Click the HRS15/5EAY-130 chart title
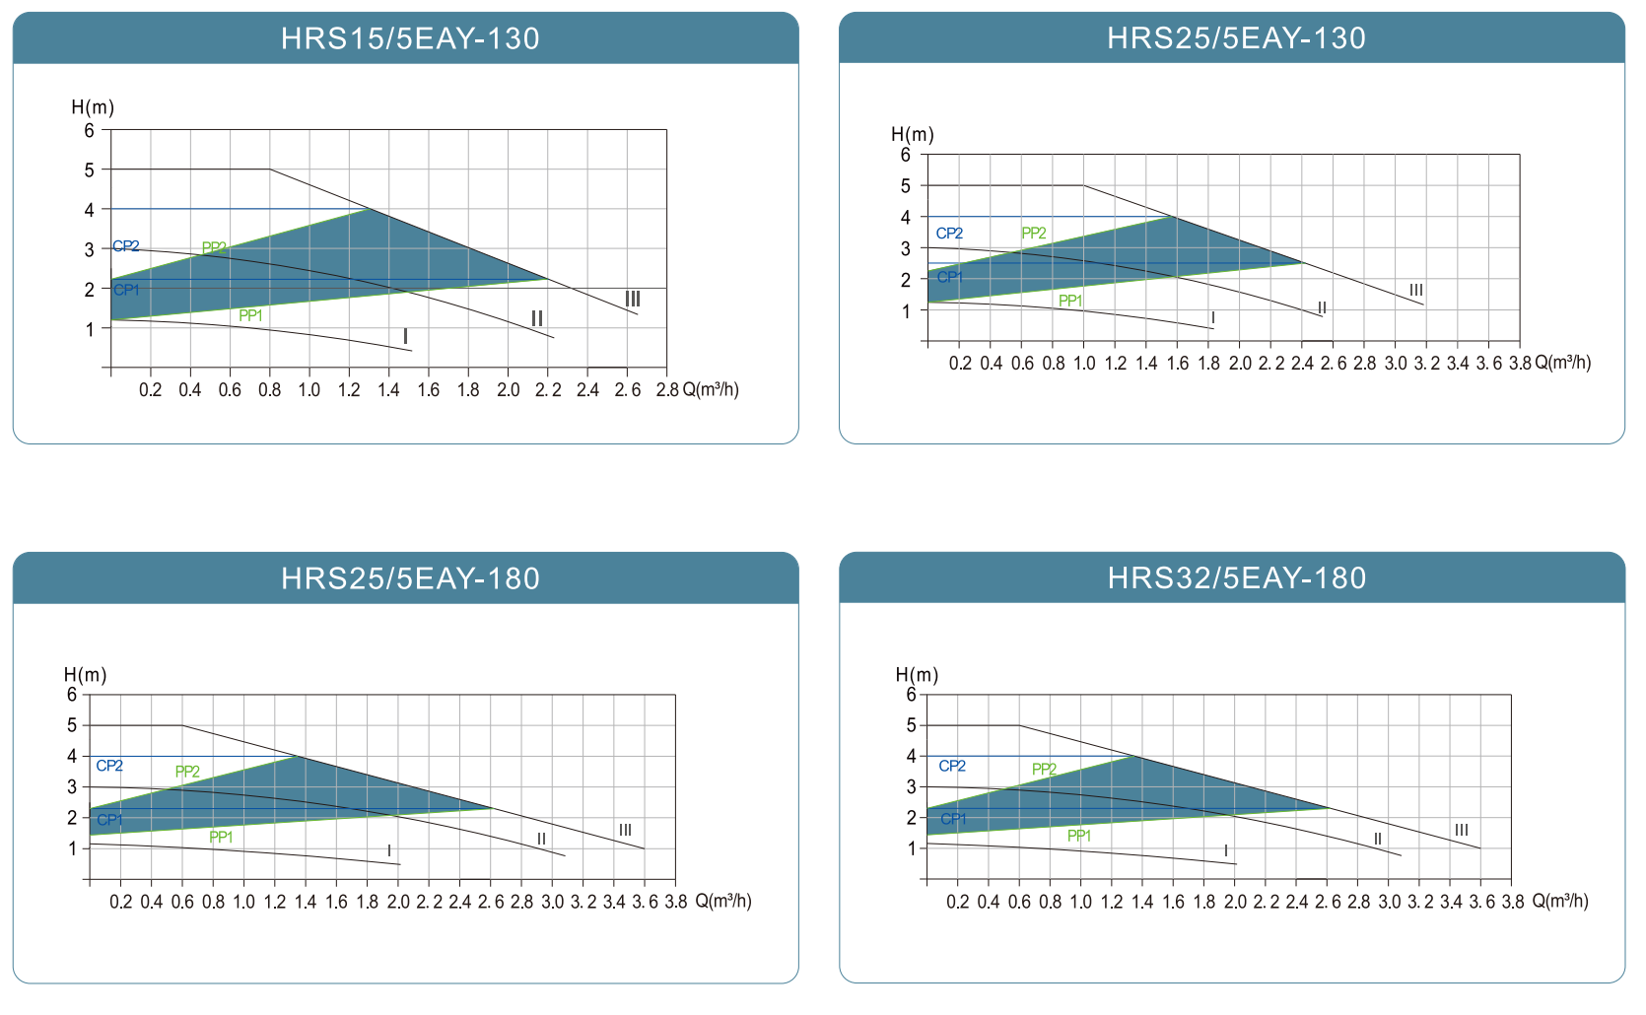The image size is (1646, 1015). click(x=410, y=38)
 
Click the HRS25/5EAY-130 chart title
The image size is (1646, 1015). click(x=1236, y=38)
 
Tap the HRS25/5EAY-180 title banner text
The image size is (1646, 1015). click(x=410, y=578)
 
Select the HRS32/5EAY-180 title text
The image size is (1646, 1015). click(x=1236, y=578)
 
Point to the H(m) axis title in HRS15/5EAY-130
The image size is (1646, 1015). click(x=93, y=107)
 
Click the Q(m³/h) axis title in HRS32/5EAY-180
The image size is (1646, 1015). click(x=1560, y=901)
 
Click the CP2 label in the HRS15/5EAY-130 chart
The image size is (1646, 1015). click(x=126, y=246)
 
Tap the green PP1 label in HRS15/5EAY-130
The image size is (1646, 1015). click(x=250, y=315)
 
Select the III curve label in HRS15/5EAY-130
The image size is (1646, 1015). click(x=633, y=299)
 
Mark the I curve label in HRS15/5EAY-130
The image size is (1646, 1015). click(x=405, y=337)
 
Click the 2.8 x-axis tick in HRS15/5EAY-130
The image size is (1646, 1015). click(x=667, y=390)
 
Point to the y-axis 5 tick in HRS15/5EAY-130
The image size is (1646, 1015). click(x=90, y=170)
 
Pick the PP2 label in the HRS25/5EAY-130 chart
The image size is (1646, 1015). click(x=1034, y=234)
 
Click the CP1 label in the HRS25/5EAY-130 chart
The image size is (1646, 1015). click(x=949, y=277)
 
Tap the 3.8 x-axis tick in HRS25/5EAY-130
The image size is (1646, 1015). click(x=1520, y=364)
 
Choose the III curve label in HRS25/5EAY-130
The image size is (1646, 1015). click(x=1416, y=290)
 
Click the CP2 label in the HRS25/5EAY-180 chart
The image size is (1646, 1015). click(x=109, y=766)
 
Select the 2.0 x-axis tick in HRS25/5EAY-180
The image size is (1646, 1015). click(x=398, y=902)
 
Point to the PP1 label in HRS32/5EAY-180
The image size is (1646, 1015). click(x=1079, y=836)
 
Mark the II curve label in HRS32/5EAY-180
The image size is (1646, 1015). click(x=1377, y=840)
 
